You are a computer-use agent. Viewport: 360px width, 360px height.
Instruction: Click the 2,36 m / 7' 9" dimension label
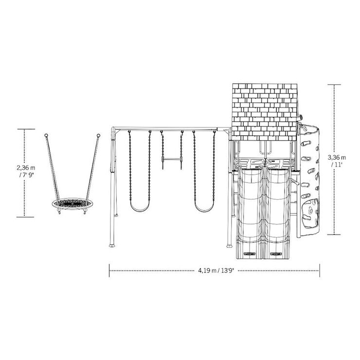pyautogui.click(x=26, y=171)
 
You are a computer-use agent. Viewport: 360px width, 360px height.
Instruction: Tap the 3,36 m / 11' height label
pyautogui.click(x=337, y=161)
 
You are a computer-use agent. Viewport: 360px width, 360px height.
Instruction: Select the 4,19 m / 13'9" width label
pyautogui.click(x=216, y=270)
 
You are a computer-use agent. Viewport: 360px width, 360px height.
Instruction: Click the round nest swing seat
pyautogui.click(x=72, y=204)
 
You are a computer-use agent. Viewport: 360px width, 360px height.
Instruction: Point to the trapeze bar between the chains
pyautogui.click(x=172, y=159)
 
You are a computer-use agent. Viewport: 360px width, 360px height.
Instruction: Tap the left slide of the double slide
pyautogui.click(x=250, y=213)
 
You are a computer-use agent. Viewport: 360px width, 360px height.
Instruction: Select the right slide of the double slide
pyautogui.click(x=277, y=213)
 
